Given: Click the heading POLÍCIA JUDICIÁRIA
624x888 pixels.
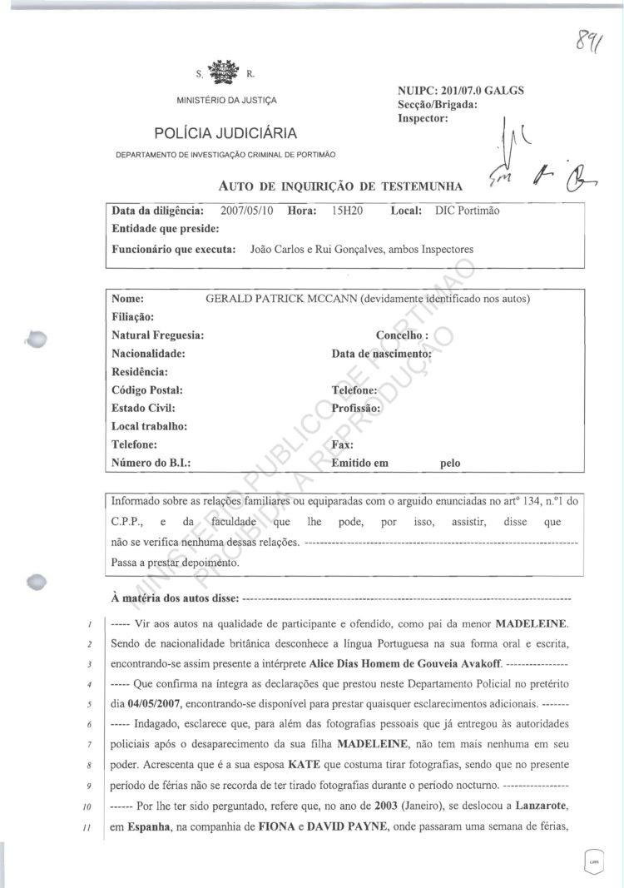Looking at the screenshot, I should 225,133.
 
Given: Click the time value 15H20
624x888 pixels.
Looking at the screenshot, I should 344,211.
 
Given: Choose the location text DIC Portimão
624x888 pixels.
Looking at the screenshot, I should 467,211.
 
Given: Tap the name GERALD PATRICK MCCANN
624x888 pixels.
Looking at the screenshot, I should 280,299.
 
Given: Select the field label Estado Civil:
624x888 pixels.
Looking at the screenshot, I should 143,408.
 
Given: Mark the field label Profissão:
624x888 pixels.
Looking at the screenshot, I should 355,408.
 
